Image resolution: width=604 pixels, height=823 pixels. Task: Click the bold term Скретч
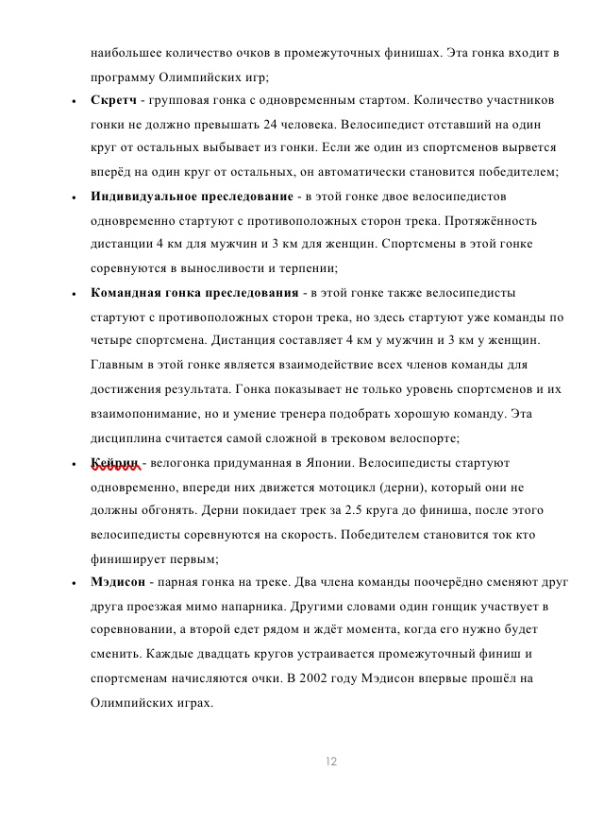[x=114, y=99]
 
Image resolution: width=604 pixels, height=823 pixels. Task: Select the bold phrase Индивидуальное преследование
[x=192, y=197]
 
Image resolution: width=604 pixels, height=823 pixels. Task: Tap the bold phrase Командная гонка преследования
[x=193, y=292]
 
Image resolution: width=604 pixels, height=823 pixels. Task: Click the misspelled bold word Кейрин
[x=115, y=462]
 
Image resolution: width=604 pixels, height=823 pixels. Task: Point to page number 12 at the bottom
[x=330, y=761]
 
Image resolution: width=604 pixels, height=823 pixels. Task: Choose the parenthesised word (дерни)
[x=402, y=486]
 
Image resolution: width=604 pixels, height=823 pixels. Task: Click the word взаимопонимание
[x=146, y=413]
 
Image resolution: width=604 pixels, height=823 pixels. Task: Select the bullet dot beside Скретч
[x=74, y=100]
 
